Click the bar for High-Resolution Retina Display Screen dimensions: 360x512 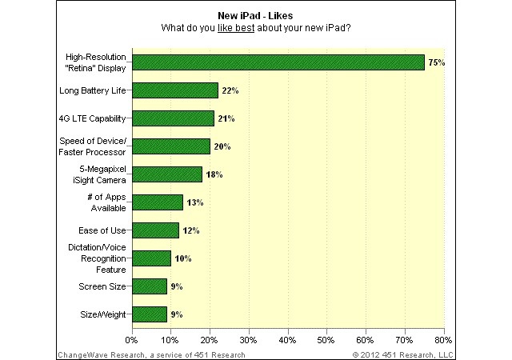[278, 62]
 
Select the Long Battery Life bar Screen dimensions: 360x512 [174, 90]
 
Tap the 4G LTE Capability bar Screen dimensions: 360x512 [173, 118]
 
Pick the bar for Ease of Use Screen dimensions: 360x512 [155, 230]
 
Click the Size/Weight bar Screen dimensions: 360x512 [150, 314]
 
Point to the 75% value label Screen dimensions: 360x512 [436, 62]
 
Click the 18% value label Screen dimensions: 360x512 [214, 174]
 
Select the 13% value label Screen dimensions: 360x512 [194, 202]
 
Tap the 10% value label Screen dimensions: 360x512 [182, 258]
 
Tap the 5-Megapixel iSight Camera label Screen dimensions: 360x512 [97, 174]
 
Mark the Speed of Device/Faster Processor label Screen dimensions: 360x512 [92, 146]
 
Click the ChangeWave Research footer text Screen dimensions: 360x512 [151, 354]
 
